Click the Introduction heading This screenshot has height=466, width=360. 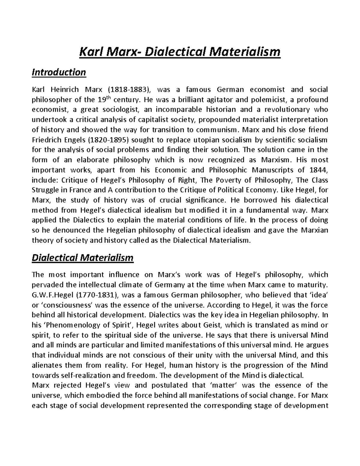[59, 72]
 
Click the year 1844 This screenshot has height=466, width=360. [317, 170]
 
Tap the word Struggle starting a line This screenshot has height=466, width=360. [44, 190]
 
